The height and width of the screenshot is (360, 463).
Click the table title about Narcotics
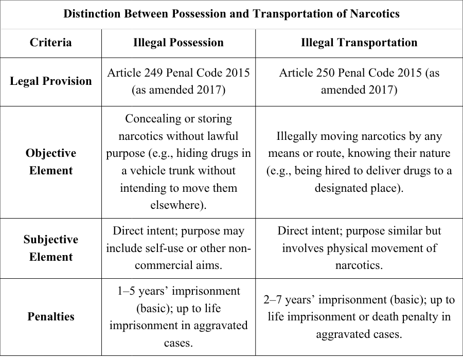[231, 14]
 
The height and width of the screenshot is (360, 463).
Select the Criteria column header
[50, 43]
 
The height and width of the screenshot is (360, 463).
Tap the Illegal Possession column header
[178, 43]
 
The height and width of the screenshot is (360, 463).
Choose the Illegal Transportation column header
[359, 43]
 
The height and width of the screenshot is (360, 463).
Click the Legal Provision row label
[50, 81]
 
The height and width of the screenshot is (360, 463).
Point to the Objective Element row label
[50, 161]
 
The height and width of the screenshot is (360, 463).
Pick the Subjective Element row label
[50, 248]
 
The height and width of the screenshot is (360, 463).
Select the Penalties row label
[50, 316]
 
